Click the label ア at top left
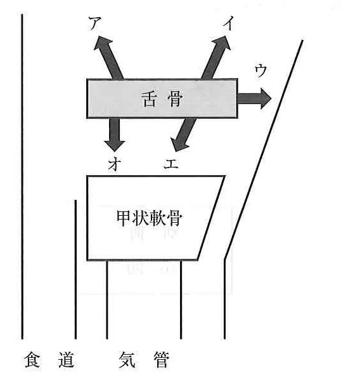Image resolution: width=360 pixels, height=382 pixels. coord(94,23)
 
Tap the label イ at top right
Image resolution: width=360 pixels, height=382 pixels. coord(229,23)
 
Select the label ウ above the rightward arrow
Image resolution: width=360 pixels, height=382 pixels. coord(260,70)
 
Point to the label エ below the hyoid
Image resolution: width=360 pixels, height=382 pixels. coord(171,164)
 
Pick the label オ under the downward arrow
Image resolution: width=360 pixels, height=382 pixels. coord(115,164)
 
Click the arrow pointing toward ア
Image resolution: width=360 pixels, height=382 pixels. coord(108,58)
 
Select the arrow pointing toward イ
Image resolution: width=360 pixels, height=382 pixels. coord(216,58)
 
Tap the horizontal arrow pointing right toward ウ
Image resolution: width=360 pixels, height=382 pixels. coord(254,98)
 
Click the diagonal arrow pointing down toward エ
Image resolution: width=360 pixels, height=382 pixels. coord(184,135)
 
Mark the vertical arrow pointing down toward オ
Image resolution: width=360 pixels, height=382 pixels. coord(115,135)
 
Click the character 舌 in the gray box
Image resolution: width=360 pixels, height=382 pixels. coord(149,99)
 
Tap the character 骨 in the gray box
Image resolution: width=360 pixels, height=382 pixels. coord(175,99)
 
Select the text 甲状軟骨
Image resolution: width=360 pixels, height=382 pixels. coord(149,218)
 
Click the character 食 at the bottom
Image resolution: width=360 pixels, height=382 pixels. coord(32,359)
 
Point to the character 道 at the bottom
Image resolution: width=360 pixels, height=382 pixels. coord(66,359)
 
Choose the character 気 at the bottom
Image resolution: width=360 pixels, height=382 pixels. coord(127,359)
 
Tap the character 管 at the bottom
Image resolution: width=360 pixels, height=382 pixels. coord(161,359)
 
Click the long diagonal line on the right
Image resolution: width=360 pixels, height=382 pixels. coord(264,150)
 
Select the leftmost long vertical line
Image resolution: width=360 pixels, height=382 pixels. coord(22,176)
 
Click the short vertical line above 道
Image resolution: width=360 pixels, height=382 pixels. coord(75,270)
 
